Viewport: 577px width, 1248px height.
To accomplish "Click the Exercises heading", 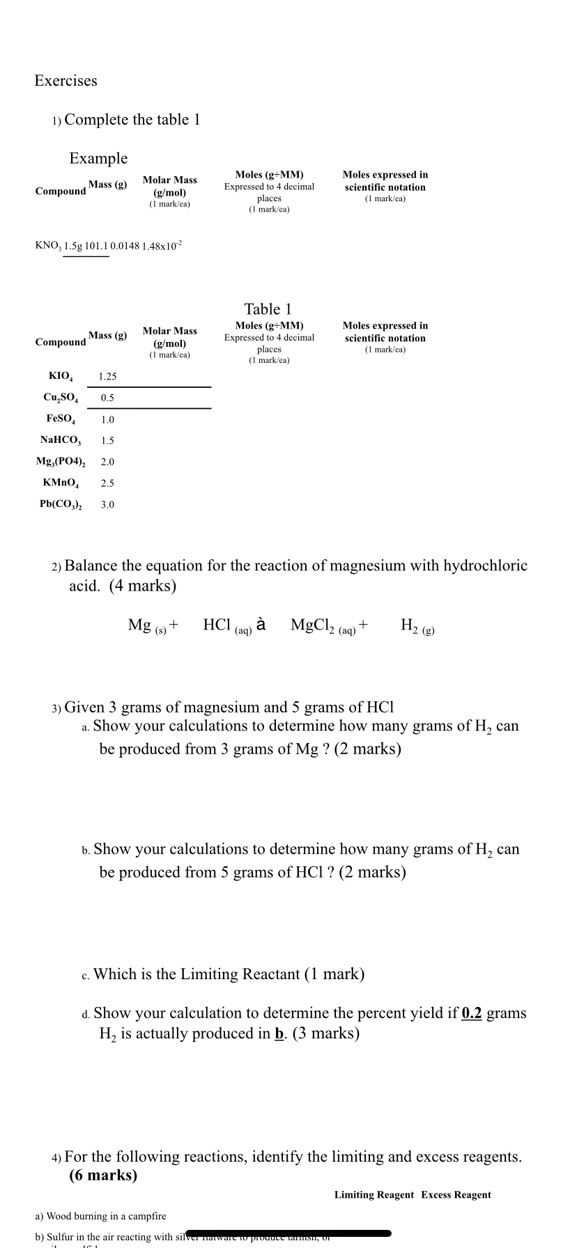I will [x=66, y=81].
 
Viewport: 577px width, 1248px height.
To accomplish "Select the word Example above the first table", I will [x=98, y=159].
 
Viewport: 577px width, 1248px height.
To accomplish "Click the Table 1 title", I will [x=268, y=309].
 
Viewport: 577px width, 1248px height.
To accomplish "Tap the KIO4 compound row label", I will [x=61, y=377].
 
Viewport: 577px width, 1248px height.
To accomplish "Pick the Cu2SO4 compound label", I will [x=61, y=398].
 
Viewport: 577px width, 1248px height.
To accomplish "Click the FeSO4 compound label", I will [x=61, y=419].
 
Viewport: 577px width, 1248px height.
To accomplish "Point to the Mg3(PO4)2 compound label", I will [x=61, y=462].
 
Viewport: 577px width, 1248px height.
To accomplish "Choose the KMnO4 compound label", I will [x=61, y=483].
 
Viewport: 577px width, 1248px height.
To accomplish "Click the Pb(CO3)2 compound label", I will [x=61, y=505].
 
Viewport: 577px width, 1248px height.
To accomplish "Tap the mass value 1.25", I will [x=107, y=377].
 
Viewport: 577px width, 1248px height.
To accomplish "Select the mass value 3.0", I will [x=107, y=505].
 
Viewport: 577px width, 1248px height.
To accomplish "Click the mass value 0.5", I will [x=107, y=398].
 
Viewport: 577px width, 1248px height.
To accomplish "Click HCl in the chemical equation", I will [x=217, y=625].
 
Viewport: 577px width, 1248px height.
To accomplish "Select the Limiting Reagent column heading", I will [x=374, y=1194].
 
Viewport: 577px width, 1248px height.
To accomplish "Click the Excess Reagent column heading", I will [x=456, y=1194].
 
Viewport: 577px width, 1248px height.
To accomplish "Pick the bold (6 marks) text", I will [x=103, y=1175].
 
